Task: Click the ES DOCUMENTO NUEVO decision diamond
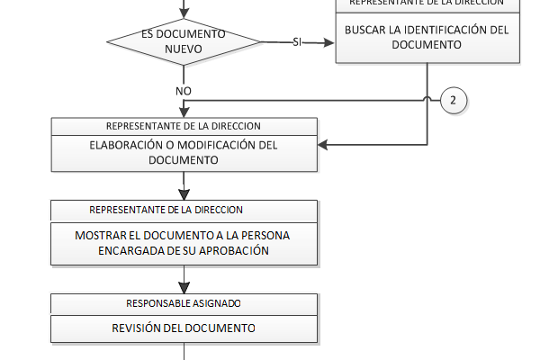click(x=184, y=42)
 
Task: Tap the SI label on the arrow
click(x=297, y=42)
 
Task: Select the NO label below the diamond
click(x=184, y=91)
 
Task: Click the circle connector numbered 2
click(x=453, y=100)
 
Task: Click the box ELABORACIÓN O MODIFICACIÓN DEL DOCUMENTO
click(x=184, y=153)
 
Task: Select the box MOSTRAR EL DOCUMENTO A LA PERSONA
click(x=184, y=243)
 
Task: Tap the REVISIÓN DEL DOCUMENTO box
click(x=184, y=328)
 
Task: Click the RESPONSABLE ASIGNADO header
click(x=184, y=303)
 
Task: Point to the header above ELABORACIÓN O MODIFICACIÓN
click(x=184, y=126)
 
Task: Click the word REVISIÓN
click(x=136, y=328)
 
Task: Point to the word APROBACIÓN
click(x=238, y=251)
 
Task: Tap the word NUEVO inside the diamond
click(x=184, y=50)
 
